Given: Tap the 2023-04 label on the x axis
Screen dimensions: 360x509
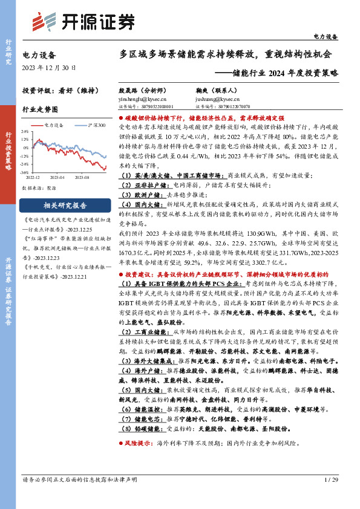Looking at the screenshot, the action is pyautogui.click(x=57, y=178).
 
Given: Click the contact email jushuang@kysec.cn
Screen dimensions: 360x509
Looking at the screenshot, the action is pyautogui.click(x=217, y=98).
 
